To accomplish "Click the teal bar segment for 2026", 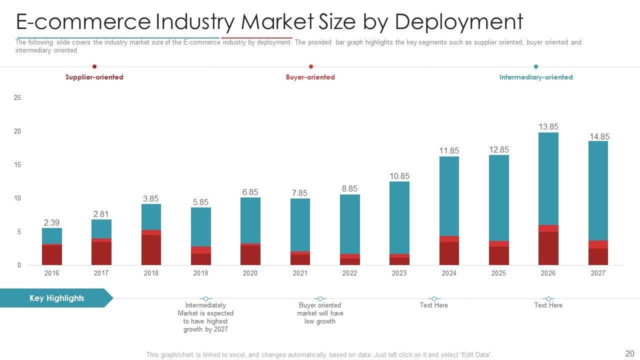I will pos(548,178).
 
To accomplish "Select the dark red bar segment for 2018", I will pos(151,249).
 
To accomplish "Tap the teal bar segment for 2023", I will pos(399,217).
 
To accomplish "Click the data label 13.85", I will pos(548,127).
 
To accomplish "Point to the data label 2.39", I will pos(51,222).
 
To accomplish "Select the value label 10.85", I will pos(399,176).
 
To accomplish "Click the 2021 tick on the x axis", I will pos(300,273).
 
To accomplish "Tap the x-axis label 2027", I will pos(597,273).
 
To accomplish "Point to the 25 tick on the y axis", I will pos(17,98).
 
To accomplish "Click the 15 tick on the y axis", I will pos(17,165).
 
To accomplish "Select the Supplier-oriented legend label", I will pos(94,77).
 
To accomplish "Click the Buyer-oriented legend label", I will pos(310,77).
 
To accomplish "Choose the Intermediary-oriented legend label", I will pos(535,77).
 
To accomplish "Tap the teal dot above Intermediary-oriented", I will pos(535,66).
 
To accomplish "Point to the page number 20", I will pos(629,353).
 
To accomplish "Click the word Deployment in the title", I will pos(458,22).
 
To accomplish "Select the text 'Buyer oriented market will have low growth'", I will pos(319,313).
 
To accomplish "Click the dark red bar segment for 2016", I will pos(51,255).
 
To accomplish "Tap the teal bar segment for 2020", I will pos(250,220).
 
